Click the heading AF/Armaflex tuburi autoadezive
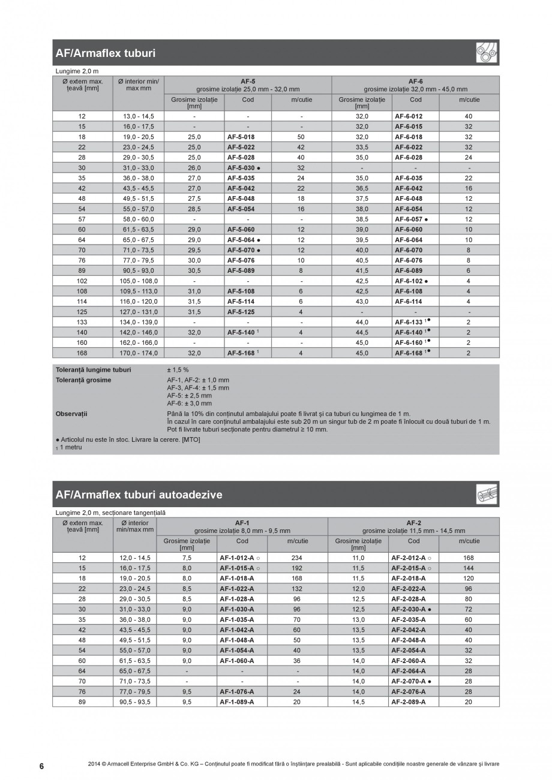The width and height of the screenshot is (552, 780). (139, 495)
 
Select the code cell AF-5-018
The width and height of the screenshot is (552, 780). (241, 137)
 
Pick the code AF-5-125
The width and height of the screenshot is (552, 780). (241, 312)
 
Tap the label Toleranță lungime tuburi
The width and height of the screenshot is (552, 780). (93, 369)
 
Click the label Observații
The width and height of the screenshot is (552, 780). (71, 414)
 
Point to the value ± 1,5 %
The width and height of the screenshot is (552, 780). (178, 369)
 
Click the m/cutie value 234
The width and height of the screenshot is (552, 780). (296, 558)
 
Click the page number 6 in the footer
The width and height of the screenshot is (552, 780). (41, 766)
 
